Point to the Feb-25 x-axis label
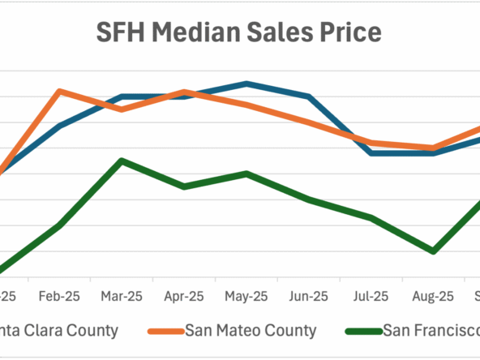(59, 297)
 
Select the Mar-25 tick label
(122, 297)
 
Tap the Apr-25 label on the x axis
(184, 297)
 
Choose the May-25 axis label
(246, 297)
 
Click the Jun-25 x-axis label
(309, 297)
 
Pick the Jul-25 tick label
(371, 297)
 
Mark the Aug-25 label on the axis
(434, 297)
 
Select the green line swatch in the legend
(362, 331)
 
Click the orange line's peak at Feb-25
(59, 91)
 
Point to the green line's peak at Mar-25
(122, 161)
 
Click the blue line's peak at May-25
(246, 84)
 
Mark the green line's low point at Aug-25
(434, 251)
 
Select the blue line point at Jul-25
(371, 152)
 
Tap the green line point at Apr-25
(184, 186)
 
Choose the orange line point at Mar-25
(122, 109)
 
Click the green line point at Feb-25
(59, 225)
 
